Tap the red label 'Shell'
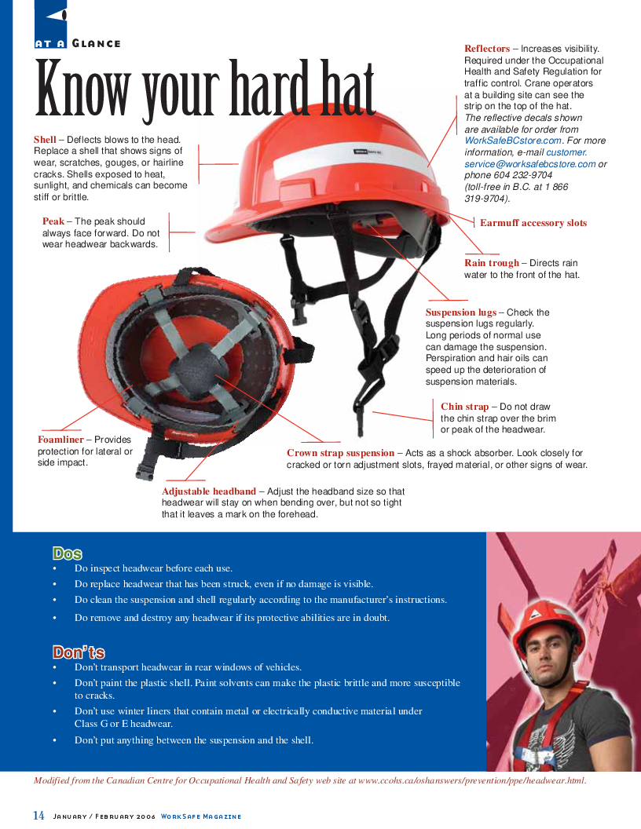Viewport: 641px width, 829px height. coord(45,140)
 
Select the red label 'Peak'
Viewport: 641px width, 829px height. coord(53,221)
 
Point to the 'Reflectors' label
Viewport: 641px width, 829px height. coord(487,49)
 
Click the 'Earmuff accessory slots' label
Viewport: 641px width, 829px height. coord(533,223)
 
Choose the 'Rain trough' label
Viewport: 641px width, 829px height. coord(492,263)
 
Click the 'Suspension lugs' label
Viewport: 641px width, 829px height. coord(461,312)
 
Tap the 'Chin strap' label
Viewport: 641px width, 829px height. coord(464,407)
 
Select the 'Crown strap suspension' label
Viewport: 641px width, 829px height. coord(341,453)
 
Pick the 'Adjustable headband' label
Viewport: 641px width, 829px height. coord(209,491)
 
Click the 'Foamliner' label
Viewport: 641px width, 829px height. coord(60,440)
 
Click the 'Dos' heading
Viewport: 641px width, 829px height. coord(68,553)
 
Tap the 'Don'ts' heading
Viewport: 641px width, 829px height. coord(79,652)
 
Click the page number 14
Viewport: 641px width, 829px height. coord(38,816)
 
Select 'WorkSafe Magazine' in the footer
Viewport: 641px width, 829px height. coord(200,816)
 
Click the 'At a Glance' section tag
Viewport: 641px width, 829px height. coord(78,43)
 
